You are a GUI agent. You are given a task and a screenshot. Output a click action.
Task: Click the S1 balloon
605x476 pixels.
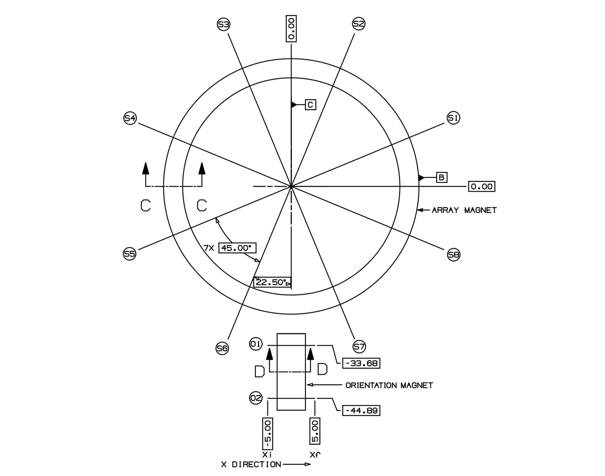pyautogui.click(x=453, y=118)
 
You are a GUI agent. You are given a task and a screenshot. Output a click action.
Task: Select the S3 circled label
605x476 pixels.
pyautogui.click(x=223, y=25)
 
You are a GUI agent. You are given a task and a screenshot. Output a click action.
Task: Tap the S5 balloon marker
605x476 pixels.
pyautogui.click(x=130, y=254)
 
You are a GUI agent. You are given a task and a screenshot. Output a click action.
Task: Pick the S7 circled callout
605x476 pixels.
pyautogui.click(x=359, y=346)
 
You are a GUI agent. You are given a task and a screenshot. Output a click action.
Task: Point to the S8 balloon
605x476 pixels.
pyautogui.click(x=453, y=255)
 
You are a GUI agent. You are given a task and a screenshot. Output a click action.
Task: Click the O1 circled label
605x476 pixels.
pyautogui.click(x=256, y=344)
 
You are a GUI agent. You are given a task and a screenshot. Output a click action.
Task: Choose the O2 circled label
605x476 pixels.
pyautogui.click(x=256, y=398)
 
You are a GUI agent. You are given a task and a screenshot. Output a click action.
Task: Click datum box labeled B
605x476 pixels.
pyautogui.click(x=442, y=177)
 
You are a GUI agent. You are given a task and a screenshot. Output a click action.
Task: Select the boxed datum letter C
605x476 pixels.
pyautogui.click(x=310, y=105)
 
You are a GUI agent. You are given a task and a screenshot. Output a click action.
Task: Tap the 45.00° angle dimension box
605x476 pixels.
pyautogui.click(x=237, y=248)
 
